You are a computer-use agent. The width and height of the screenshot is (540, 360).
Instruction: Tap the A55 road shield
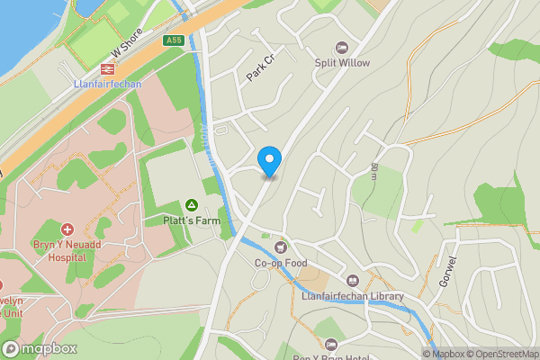pos(174,40)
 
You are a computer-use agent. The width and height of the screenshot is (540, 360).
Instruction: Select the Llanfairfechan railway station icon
pos(106,67)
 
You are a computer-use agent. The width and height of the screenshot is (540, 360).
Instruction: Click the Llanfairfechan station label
pos(106,84)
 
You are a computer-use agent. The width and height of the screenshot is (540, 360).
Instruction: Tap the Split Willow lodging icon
pos(341,48)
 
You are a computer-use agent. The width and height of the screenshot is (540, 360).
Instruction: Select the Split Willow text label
pos(342,63)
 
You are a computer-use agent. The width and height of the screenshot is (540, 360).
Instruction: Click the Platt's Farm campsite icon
pos(191,204)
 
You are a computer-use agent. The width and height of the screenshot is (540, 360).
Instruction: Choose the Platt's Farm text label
pos(191,220)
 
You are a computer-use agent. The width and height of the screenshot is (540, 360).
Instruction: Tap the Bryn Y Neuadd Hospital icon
pos(67,229)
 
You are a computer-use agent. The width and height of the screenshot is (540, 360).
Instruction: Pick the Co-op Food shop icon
pos(279,247)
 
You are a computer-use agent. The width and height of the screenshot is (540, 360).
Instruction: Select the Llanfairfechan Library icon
pos(353,280)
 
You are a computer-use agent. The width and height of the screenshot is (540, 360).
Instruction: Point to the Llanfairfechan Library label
pos(353,296)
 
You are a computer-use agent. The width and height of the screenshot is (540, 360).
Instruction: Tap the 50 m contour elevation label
pos(373,170)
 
